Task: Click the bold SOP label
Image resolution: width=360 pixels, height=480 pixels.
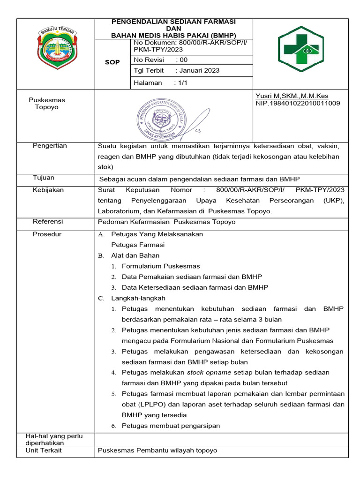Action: pyautogui.click(x=112, y=62)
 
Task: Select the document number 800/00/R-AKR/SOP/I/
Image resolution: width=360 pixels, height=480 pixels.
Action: pyautogui.click(x=190, y=43)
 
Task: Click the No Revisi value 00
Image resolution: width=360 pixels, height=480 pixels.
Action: pyautogui.click(x=183, y=60)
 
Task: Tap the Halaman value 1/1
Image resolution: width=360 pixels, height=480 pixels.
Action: pyautogui.click(x=181, y=82)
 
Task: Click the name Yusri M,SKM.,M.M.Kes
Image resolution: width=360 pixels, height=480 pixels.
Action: pyautogui.click(x=292, y=96)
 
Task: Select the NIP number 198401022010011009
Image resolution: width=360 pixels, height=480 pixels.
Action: pyautogui.click(x=298, y=103)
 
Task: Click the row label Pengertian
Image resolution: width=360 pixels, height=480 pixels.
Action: pyautogui.click(x=50, y=146)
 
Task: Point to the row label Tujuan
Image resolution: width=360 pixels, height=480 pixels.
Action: pyautogui.click(x=43, y=178)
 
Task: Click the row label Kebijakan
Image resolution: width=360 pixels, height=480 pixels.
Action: pyautogui.click(x=48, y=190)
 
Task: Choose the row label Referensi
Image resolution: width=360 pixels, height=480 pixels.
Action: pyautogui.click(x=48, y=221)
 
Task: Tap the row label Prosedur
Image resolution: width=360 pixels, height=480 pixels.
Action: pyautogui.click(x=47, y=234)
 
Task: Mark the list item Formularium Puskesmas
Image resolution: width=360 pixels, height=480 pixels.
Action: pyautogui.click(x=160, y=266)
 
